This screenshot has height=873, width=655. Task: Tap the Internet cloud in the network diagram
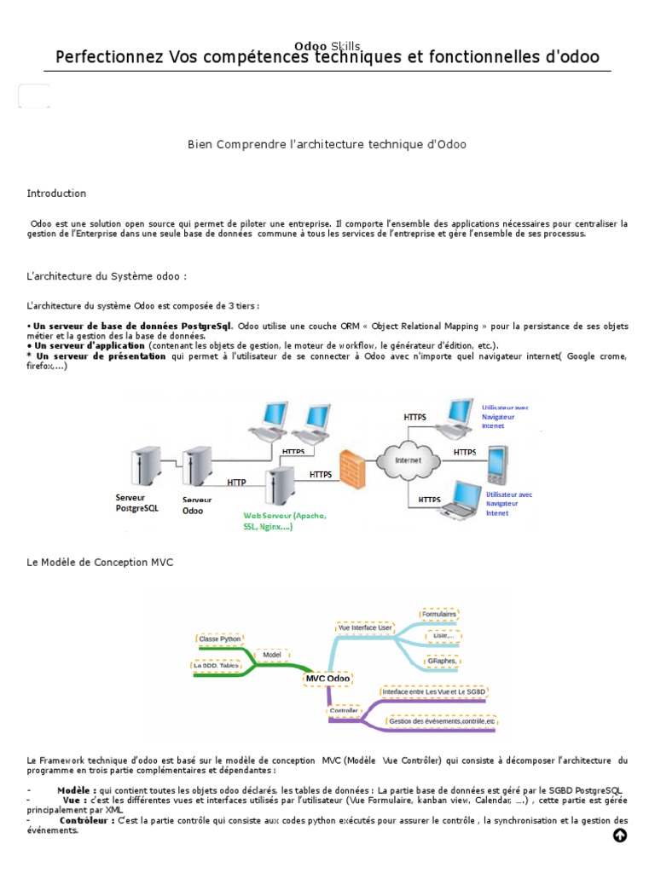408,460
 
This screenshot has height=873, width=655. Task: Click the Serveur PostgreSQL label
136,502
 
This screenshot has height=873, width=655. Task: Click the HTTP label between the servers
236,483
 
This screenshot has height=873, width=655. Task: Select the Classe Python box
220,638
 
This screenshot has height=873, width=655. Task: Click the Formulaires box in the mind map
439,614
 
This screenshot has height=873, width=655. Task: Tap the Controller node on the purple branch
345,709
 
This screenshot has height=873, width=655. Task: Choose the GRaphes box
441,661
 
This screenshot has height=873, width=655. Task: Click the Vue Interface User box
365,627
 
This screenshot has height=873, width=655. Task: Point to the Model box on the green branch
272,655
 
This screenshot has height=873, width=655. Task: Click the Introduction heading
56,194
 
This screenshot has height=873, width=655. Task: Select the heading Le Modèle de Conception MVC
100,564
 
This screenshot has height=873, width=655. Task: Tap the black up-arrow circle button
620,835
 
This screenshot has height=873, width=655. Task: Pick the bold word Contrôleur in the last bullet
87,820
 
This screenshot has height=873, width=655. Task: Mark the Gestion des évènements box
441,721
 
